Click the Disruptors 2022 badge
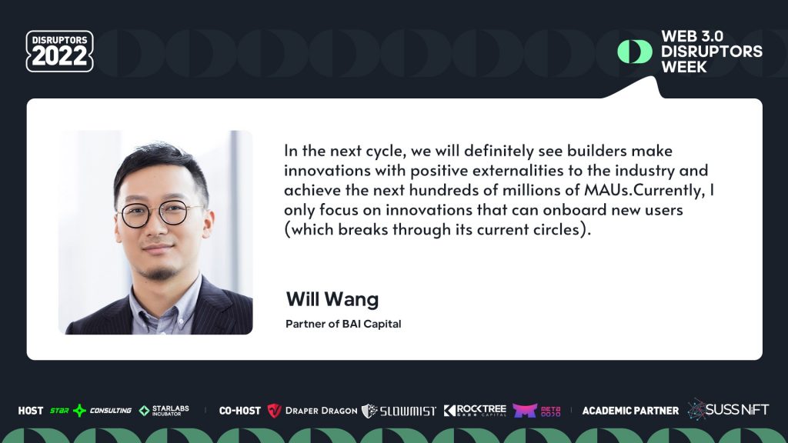click(59, 52)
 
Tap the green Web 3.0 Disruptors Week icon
click(634, 52)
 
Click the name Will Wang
click(332, 298)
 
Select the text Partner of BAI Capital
click(343, 324)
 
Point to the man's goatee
click(159, 270)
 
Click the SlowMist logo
click(399, 411)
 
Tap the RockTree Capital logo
click(475, 411)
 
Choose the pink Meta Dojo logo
click(536, 411)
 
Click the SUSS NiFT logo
click(728, 409)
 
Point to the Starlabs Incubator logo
click(164, 411)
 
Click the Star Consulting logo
click(90, 411)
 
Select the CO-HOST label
click(239, 411)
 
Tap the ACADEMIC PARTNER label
click(630, 411)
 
